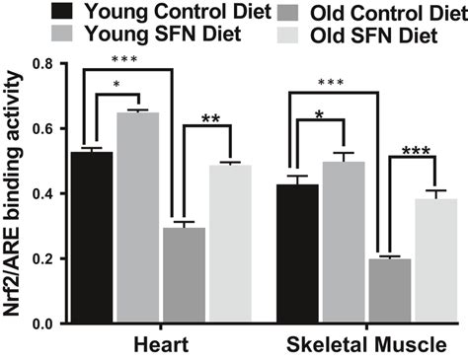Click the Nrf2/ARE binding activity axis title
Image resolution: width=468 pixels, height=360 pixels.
coord(13,193)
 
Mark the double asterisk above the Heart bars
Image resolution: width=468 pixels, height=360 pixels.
coord(210,119)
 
